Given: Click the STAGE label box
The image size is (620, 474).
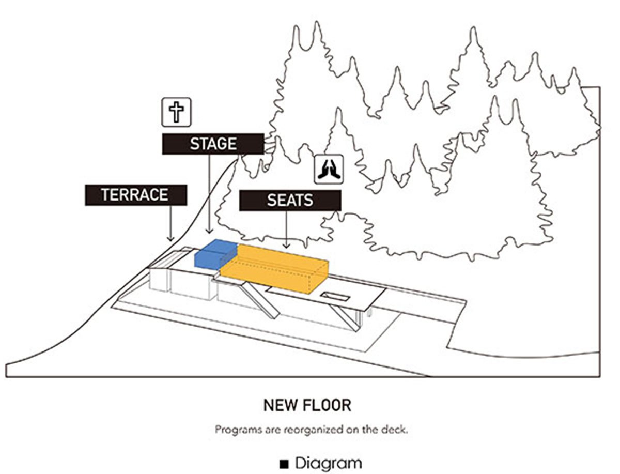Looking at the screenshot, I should (213, 144).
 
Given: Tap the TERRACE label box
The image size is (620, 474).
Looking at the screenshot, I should (135, 195).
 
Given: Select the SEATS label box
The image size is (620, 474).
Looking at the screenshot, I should (290, 200).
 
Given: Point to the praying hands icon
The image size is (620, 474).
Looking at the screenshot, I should (329, 170).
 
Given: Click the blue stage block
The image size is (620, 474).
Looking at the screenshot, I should (214, 253).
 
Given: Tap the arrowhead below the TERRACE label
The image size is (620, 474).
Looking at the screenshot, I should (171, 238).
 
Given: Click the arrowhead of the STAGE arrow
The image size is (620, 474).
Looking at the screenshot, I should (209, 232).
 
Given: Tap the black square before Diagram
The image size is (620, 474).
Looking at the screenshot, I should (284, 464).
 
